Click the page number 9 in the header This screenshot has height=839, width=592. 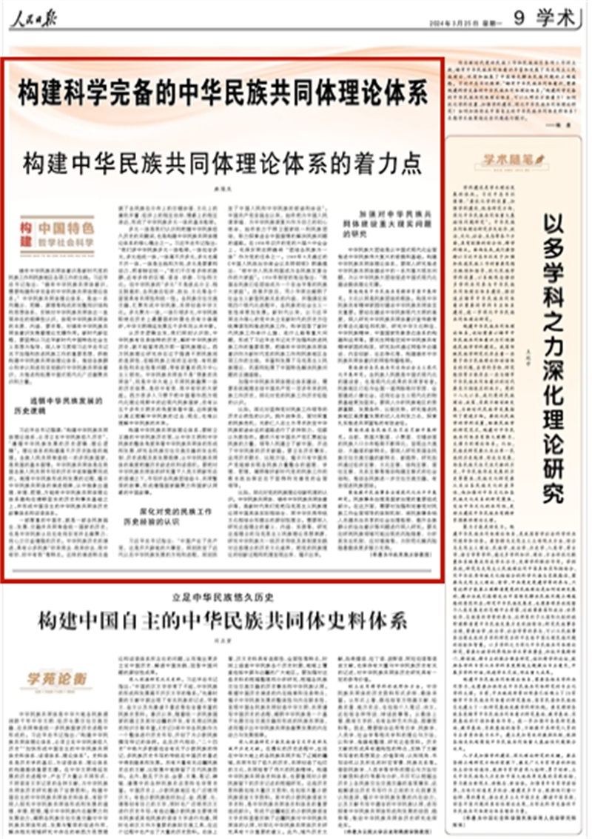point(519,19)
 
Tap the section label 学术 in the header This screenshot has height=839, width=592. point(556,19)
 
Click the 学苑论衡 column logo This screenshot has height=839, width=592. point(56,678)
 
